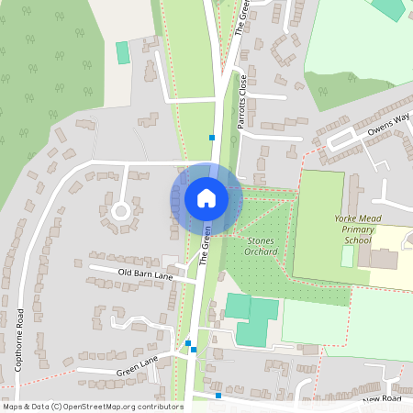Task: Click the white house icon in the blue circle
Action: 206,197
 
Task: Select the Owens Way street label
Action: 388,123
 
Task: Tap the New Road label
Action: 383,400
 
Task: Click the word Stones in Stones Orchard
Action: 262,240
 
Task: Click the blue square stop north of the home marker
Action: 212,138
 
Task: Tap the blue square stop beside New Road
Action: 218,396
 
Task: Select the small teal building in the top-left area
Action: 123,52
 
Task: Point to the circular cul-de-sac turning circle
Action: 119,212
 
